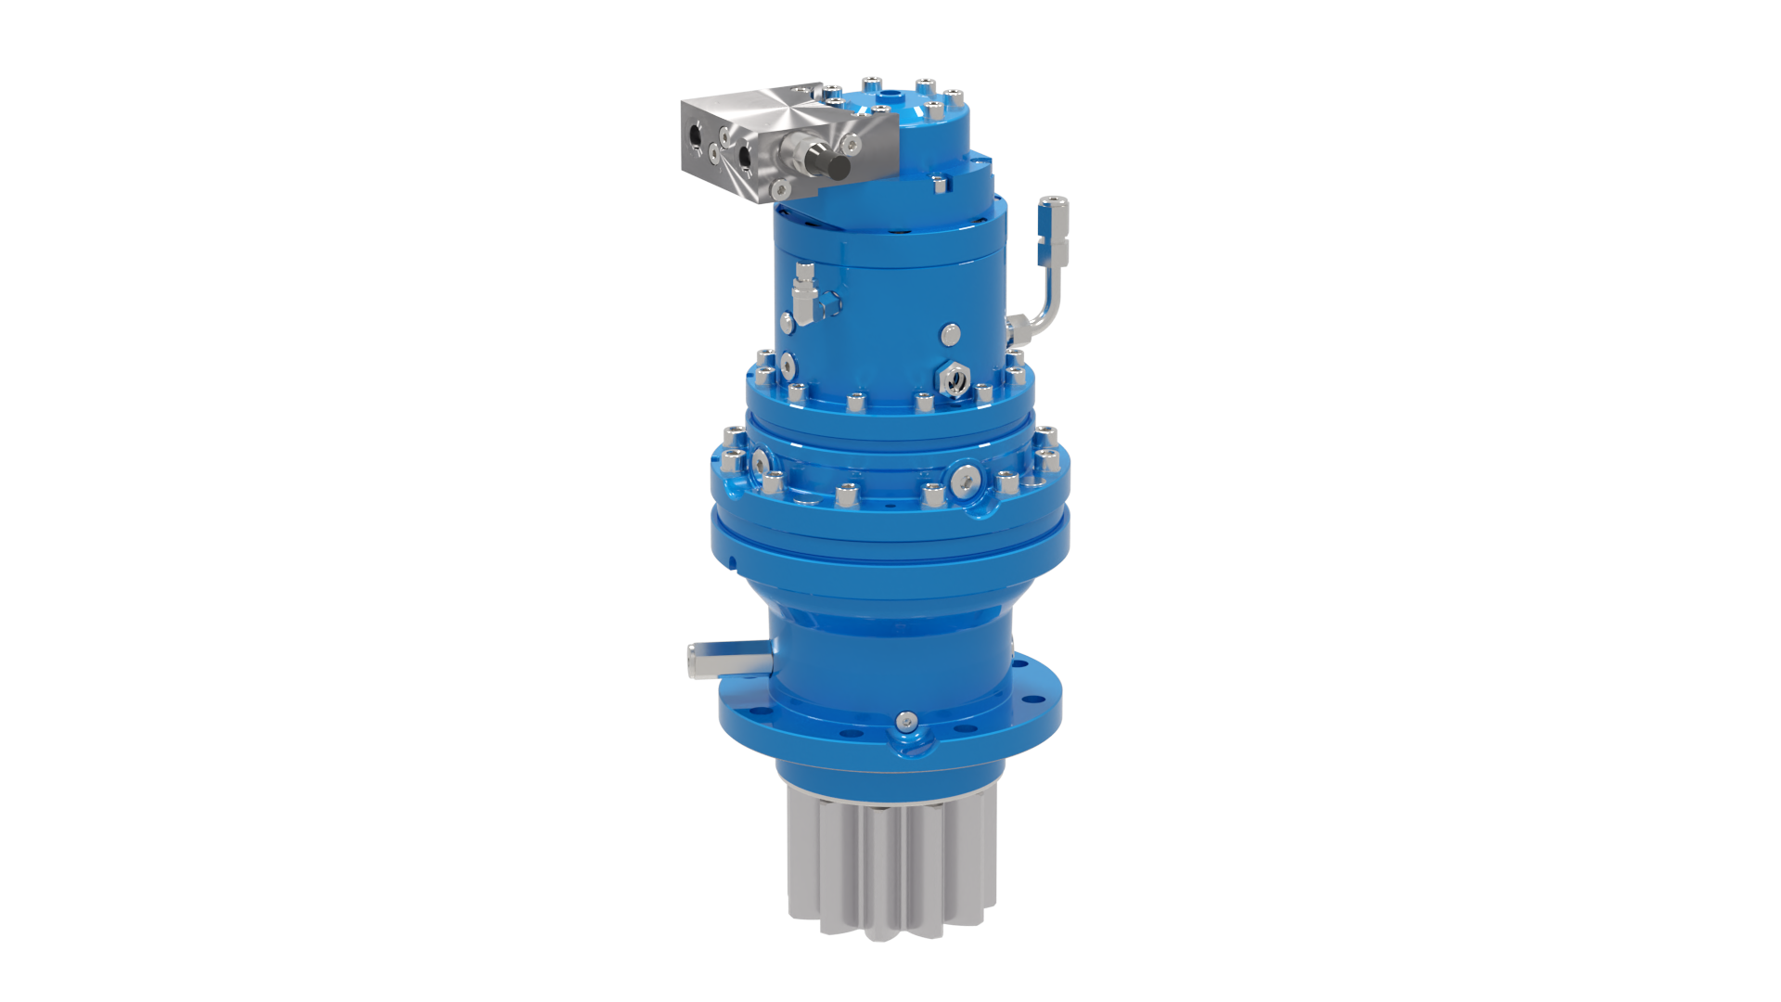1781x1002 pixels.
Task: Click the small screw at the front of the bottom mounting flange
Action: (x=905, y=721)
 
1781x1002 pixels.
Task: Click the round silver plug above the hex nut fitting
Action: (x=950, y=333)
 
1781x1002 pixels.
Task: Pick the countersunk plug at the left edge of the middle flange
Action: (x=760, y=461)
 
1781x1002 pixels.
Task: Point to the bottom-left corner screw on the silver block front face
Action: (x=781, y=190)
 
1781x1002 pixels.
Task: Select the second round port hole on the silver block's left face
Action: (x=744, y=159)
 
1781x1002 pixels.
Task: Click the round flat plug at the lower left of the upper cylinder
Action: (x=788, y=320)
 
